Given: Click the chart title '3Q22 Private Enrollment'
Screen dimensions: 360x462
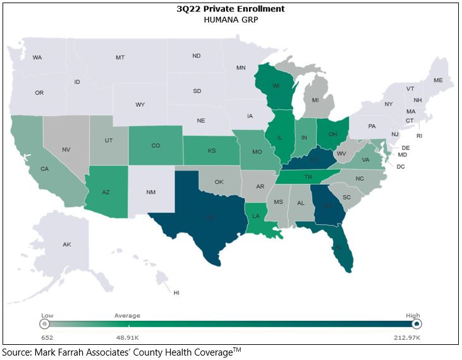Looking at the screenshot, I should click(x=231, y=9).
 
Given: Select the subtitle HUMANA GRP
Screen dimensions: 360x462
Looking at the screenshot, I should click(x=231, y=20).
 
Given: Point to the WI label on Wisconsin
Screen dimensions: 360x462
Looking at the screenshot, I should click(x=276, y=87).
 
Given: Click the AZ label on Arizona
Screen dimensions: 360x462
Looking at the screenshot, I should click(x=106, y=191).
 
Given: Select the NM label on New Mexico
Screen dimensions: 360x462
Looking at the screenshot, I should click(x=152, y=191).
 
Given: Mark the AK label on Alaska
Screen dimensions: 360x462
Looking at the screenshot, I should click(x=67, y=244).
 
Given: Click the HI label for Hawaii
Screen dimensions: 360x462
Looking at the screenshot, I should click(x=176, y=292).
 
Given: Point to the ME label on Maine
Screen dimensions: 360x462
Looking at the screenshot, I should click(x=438, y=80).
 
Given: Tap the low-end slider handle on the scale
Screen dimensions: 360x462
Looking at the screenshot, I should click(x=44, y=324).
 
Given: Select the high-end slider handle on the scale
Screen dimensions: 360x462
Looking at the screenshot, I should click(x=416, y=324).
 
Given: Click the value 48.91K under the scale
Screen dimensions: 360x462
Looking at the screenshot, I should click(x=126, y=339).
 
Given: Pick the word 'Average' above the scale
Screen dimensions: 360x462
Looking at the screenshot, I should click(x=127, y=315).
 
